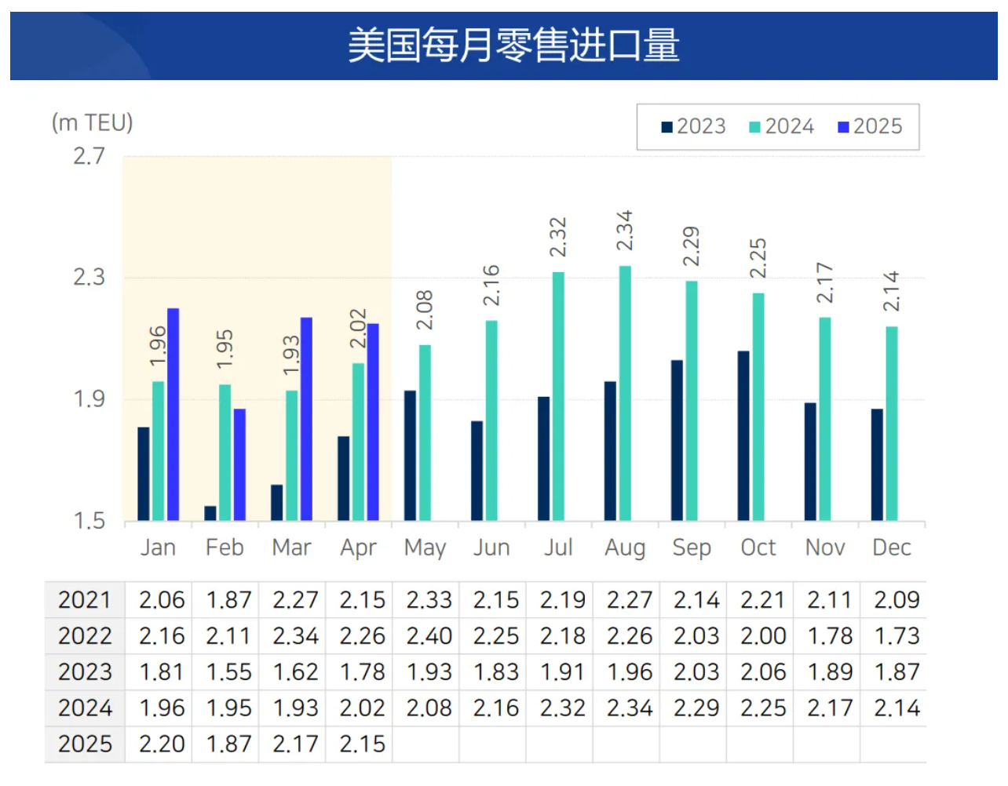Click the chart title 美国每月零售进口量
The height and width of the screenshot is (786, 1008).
pos(513,45)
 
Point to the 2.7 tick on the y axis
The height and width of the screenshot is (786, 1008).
pos(89,156)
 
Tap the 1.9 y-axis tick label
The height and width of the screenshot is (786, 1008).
pos(89,399)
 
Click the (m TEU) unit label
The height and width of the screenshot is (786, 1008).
pos(92,122)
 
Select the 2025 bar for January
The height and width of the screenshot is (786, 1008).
pos(173,414)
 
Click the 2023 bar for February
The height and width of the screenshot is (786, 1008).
pos(210,513)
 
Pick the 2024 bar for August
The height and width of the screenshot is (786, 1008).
pos(625,393)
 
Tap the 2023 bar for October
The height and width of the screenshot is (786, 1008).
pos(743,435)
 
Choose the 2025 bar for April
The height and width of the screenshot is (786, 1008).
pos(373,422)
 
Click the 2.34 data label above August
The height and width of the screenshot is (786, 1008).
pos(624,231)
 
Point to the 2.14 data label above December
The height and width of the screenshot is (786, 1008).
pos(891,291)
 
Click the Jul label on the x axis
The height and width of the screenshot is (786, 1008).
pos(558,548)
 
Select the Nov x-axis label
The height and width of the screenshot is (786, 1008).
pos(825,548)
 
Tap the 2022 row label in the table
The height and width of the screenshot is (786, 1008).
pos(85,636)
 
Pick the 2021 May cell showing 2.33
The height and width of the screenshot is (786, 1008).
pos(429,600)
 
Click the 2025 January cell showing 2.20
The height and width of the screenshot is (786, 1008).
pos(162,744)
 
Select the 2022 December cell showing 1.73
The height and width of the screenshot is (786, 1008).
pos(897,636)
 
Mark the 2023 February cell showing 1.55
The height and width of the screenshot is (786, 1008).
pos(228,672)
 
